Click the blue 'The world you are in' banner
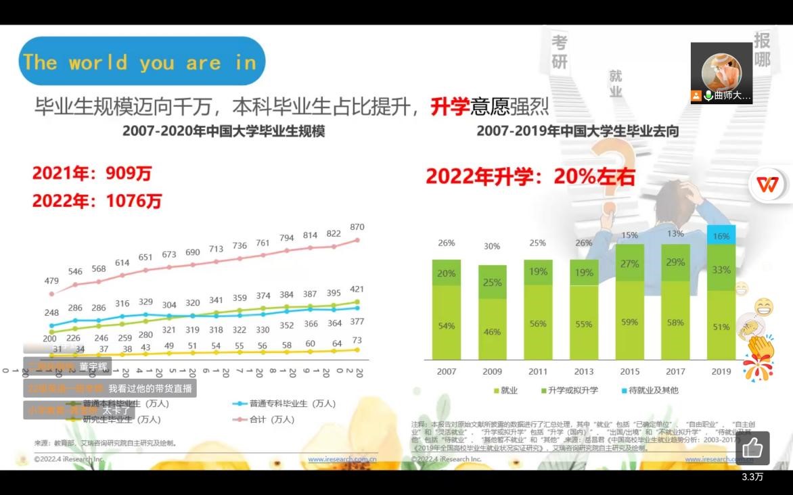[x=141, y=62]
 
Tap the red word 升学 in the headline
[x=450, y=105]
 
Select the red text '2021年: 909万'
[x=92, y=174]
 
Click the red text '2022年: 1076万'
[x=97, y=201]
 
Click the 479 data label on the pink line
[x=52, y=281]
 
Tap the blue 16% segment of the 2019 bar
[x=721, y=235]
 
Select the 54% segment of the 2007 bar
[x=447, y=325]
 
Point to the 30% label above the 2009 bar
[x=492, y=246]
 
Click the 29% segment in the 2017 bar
[x=675, y=262]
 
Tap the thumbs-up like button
[x=752, y=448]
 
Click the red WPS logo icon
[x=768, y=183]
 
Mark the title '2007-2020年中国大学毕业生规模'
[x=223, y=131]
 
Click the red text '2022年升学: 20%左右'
[x=530, y=176]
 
